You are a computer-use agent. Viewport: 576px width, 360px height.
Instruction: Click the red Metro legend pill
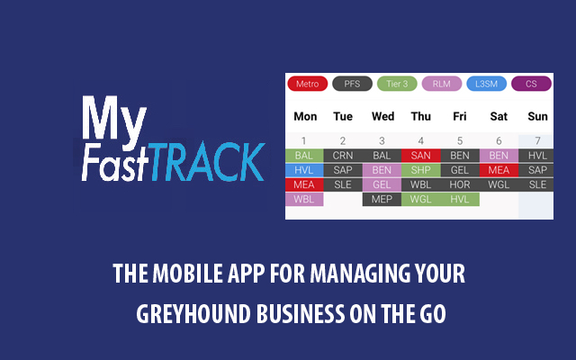point(308,84)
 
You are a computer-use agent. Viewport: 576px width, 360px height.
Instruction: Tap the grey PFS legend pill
point(352,84)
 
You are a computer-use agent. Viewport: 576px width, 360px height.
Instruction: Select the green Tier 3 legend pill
point(397,84)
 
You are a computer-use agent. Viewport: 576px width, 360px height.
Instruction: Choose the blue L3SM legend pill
point(486,84)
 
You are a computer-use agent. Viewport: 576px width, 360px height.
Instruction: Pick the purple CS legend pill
point(531,84)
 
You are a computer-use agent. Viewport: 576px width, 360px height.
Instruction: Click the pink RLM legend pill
point(442,84)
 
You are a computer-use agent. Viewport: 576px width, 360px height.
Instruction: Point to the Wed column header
point(382,116)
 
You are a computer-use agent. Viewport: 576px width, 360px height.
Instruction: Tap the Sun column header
point(537,116)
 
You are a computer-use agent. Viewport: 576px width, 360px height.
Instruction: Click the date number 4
point(420,140)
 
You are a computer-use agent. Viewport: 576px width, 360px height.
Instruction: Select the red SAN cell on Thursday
point(420,156)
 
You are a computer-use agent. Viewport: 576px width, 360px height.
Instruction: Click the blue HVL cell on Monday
point(304,170)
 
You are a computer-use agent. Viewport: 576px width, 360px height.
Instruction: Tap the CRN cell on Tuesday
point(343,156)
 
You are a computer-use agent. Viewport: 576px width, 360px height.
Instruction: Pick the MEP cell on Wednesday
point(382,199)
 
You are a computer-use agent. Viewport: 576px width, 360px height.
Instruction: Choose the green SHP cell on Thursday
point(420,170)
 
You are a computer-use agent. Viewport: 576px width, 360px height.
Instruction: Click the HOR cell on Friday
point(460,184)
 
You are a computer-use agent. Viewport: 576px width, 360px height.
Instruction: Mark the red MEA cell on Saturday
point(499,170)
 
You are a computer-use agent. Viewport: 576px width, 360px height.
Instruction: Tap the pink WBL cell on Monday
point(304,199)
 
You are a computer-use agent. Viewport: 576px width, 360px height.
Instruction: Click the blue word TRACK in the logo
point(208,162)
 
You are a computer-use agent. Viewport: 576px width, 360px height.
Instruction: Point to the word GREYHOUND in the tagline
point(194,313)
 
